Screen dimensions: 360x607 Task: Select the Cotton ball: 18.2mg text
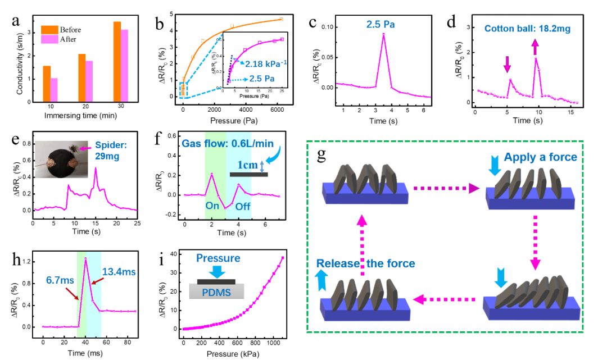pos(527,29)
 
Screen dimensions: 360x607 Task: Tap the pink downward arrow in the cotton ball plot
pos(508,65)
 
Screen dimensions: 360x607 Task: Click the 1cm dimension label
pos(247,165)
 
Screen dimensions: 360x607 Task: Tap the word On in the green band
pos(212,206)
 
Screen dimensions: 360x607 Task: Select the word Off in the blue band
pos(243,206)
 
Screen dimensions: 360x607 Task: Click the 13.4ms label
pos(119,272)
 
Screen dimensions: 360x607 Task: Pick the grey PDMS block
pos(216,290)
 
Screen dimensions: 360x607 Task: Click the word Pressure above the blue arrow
pos(218,258)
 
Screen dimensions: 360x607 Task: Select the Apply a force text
pos(540,157)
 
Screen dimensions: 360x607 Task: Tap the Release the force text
pos(365,263)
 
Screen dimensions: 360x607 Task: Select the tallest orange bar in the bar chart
pos(117,62)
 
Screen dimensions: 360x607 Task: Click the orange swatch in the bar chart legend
pos(50,30)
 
